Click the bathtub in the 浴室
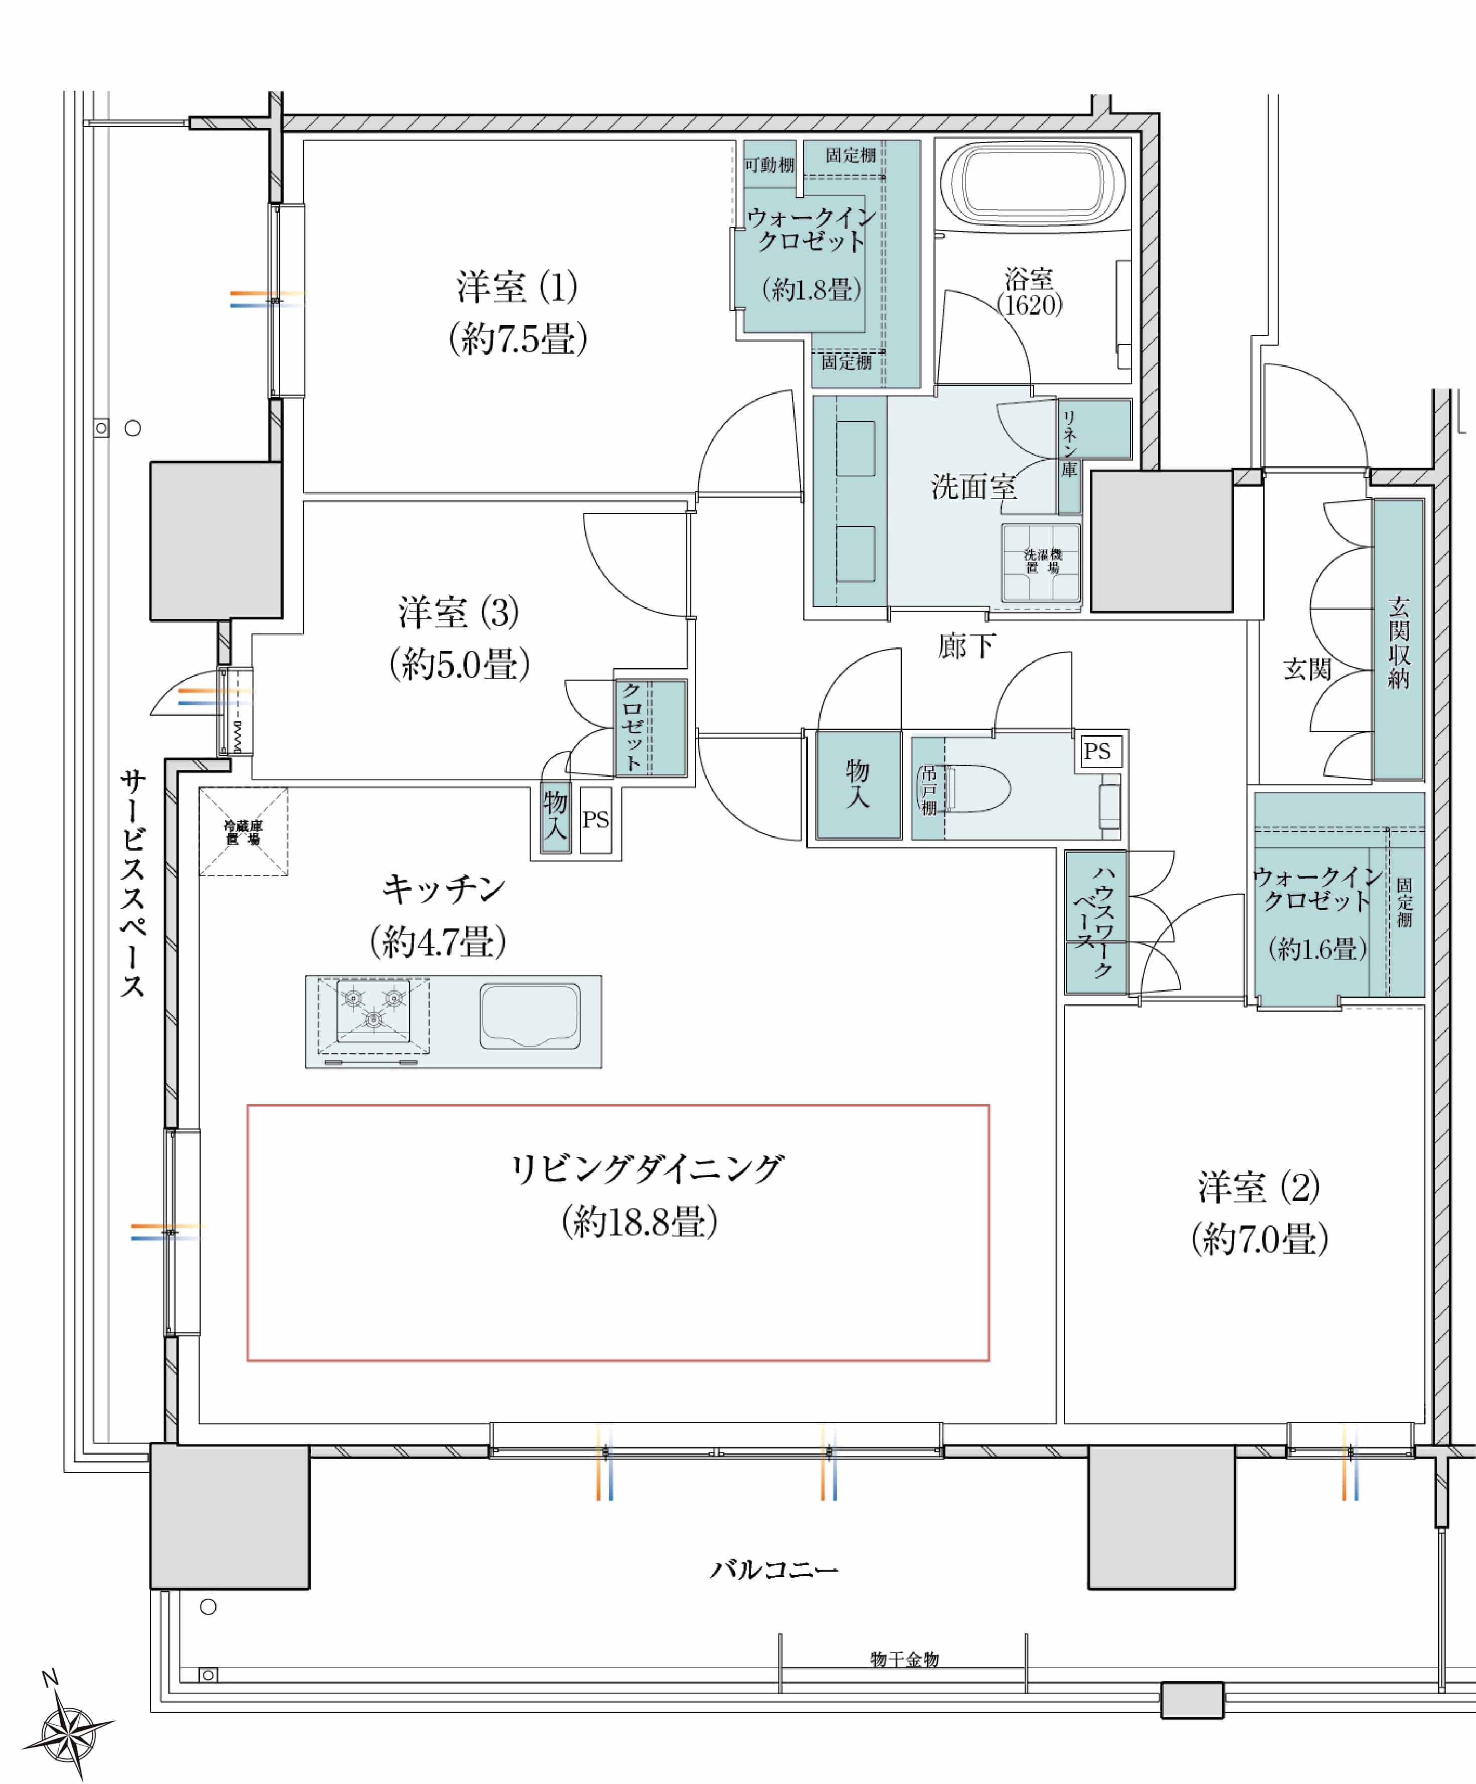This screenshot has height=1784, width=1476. click(x=1032, y=184)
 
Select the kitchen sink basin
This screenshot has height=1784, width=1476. click(x=529, y=1016)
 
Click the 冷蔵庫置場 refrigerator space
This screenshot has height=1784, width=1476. click(x=243, y=832)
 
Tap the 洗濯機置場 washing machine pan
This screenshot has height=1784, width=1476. click(x=1041, y=563)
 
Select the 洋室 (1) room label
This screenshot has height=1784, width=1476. click(x=517, y=287)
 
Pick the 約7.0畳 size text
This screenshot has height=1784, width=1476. click(x=1259, y=1240)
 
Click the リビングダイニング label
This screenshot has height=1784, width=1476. click(x=646, y=1169)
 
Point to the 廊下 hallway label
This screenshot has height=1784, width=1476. click(x=966, y=646)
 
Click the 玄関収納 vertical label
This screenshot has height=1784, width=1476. click(x=1399, y=642)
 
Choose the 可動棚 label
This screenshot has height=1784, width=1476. click(x=769, y=165)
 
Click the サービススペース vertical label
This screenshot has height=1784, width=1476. click(x=133, y=884)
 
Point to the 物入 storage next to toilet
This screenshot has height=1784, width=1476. click(x=857, y=783)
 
